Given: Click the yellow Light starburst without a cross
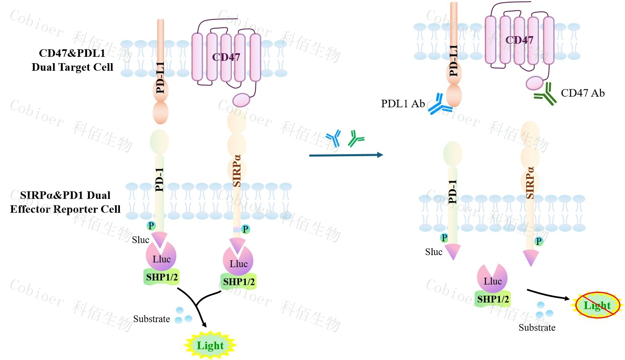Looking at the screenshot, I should point(210,345).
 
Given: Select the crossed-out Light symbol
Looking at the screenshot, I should point(597,305).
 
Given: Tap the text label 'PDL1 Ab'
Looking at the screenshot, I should point(403,104).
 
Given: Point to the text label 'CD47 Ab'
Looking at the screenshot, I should point(583,93).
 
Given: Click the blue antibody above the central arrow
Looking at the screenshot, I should point(334,138).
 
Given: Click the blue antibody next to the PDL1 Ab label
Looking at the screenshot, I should point(440,105).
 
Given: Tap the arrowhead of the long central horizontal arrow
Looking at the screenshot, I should point(380,155).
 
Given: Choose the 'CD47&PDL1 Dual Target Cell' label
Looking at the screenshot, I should point(72,60).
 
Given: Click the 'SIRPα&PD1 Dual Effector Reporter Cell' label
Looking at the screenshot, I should point(65,202).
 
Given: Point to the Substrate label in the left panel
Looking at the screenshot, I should point(151,319).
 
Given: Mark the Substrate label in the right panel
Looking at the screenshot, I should point(537,327).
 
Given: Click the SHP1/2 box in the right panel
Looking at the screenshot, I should point(493,299).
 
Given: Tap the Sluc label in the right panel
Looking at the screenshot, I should point(434,252).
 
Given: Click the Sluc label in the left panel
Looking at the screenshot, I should point(141,240).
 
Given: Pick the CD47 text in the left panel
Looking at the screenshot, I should point(226,57).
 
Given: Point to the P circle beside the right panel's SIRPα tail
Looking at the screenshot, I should point(538,241).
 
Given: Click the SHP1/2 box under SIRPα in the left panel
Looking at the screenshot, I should point(239,282).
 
